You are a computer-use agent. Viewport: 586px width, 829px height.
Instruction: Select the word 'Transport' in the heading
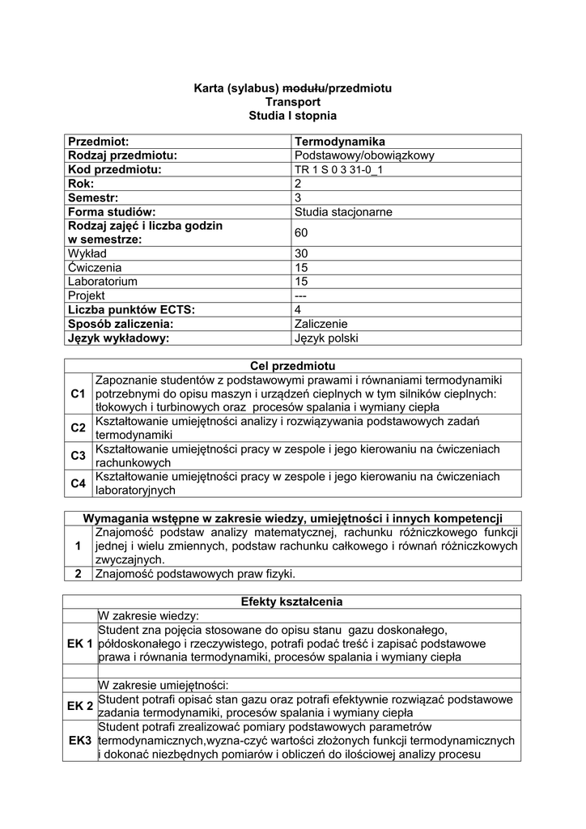pyautogui.click(x=293, y=102)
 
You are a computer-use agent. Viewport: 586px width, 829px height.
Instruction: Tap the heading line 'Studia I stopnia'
pyautogui.click(x=292, y=117)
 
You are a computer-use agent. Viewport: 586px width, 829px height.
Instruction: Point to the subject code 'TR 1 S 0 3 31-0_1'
pyautogui.click(x=338, y=170)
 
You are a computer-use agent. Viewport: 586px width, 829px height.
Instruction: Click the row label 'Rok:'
pyautogui.click(x=82, y=184)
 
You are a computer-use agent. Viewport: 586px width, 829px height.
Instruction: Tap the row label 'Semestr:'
pyautogui.click(x=94, y=198)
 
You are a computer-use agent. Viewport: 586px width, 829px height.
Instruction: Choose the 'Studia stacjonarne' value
pyautogui.click(x=343, y=212)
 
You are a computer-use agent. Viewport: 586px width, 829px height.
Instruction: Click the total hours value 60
pyautogui.click(x=301, y=233)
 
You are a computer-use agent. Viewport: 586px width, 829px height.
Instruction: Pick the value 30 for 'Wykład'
pyautogui.click(x=301, y=253)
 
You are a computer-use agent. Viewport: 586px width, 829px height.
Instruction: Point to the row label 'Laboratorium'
pyautogui.click(x=103, y=282)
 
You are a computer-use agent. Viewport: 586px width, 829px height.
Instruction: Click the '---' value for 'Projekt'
pyautogui.click(x=301, y=295)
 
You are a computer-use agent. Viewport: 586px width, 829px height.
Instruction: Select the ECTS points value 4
pyautogui.click(x=298, y=310)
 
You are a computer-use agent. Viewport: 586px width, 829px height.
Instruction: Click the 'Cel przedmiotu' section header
pyautogui.click(x=293, y=366)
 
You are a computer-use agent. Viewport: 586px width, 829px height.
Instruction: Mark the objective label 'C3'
pyautogui.click(x=78, y=456)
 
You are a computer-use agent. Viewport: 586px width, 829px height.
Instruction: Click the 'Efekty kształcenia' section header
pyautogui.click(x=292, y=602)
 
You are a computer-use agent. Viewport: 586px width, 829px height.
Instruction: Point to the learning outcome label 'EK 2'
pyautogui.click(x=80, y=706)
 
